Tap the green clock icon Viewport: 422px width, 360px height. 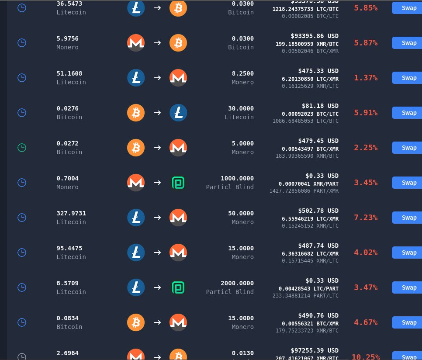tap(21, 148)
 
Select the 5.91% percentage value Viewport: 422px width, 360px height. tap(366, 113)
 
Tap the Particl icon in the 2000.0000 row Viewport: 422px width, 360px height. tap(178, 287)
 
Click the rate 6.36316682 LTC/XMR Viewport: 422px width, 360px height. tap(310, 254)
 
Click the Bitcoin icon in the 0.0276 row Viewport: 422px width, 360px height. tap(136, 113)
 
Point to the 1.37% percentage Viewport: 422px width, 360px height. tap(366, 78)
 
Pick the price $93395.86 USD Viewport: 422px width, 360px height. tap(315, 36)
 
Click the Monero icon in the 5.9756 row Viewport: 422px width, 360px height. tap(136, 43)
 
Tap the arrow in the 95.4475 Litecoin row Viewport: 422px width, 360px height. tap(157, 253)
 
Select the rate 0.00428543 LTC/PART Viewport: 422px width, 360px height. tap(308, 289)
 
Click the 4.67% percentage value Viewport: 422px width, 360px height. tap(366, 322)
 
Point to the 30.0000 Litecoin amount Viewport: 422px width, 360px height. tap(241, 108)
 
